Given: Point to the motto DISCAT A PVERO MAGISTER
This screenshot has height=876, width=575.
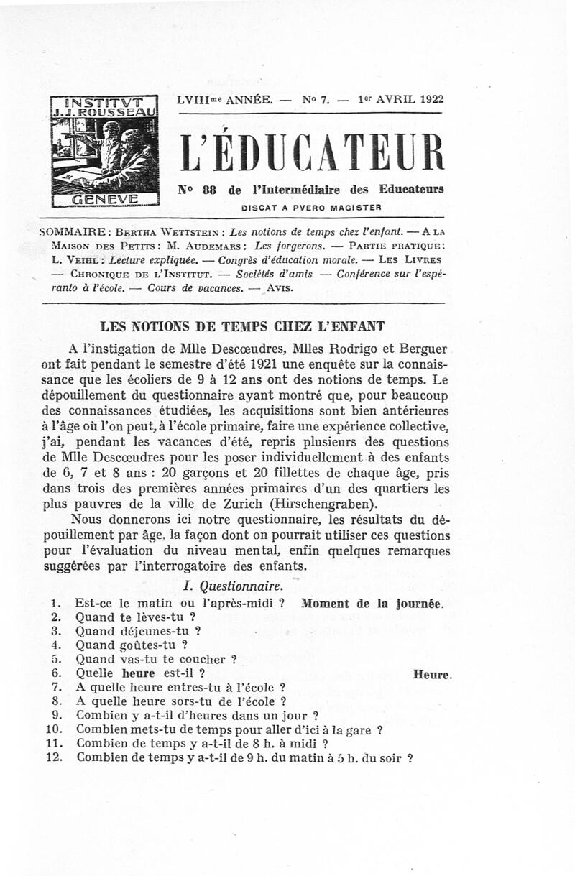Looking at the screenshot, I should [310, 208].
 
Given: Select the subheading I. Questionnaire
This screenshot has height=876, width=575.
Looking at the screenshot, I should [233, 586].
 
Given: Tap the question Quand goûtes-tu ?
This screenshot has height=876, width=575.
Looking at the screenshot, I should [125, 645].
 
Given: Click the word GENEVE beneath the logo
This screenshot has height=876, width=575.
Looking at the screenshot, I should [105, 199].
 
